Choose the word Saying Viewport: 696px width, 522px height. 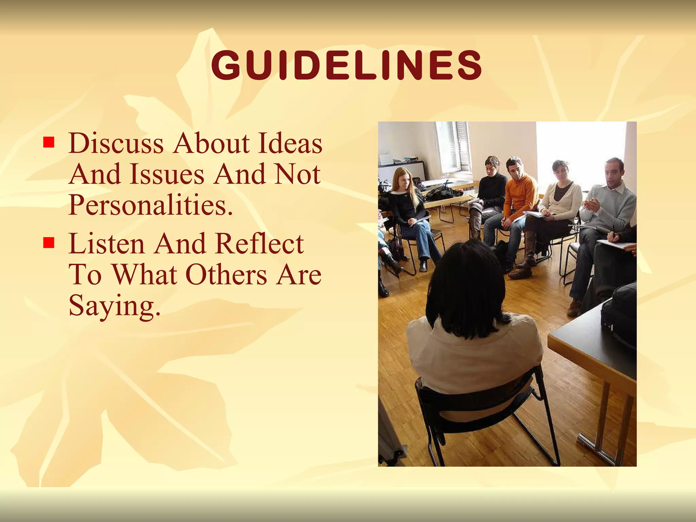pos(114,305)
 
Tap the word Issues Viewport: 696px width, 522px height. pos(167,174)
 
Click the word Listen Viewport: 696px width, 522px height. pos(107,244)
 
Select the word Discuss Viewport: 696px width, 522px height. pos(116,143)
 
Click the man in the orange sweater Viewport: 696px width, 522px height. pos(518,197)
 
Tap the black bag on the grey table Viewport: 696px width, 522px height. pos(619,316)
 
